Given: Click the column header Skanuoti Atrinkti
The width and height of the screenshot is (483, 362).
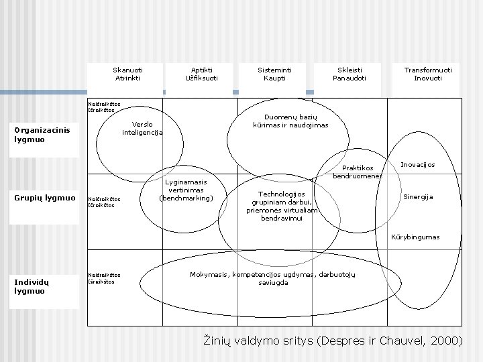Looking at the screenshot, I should [x=127, y=74].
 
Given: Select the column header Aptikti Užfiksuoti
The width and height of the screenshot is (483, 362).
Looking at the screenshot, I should [x=201, y=74].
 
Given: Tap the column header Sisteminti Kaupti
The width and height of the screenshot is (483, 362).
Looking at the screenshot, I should [x=275, y=74].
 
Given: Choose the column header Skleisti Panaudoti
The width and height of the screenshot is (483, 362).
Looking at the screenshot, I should [x=350, y=74].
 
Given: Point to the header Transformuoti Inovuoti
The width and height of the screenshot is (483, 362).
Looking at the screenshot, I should [x=427, y=74].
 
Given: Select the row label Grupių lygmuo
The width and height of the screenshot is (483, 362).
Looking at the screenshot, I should [x=45, y=198].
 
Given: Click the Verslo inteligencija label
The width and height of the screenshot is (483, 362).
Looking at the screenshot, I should [x=142, y=128].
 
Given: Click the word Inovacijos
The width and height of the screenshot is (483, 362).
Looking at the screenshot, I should [x=417, y=165].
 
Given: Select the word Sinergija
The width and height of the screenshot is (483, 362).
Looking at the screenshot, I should [x=417, y=196].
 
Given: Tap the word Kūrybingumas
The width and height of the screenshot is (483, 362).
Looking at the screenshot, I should [x=416, y=237].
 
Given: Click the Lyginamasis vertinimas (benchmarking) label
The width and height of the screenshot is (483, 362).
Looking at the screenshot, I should [x=186, y=190].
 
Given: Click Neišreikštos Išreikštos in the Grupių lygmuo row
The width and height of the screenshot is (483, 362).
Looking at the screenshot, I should [x=104, y=202].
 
